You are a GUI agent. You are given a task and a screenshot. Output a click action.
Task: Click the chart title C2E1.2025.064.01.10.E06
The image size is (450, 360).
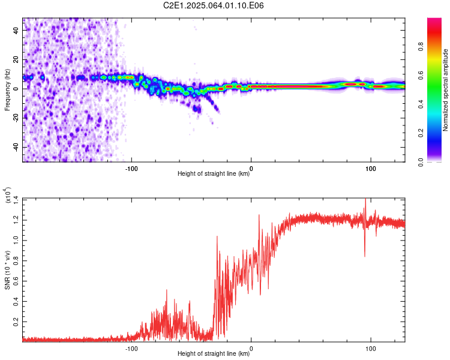click(213, 5)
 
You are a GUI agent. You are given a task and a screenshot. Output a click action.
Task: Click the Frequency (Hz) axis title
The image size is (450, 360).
click(7, 90)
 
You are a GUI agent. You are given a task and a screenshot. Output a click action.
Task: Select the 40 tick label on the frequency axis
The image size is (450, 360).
click(16, 31)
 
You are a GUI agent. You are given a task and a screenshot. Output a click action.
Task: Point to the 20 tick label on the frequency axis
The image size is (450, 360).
click(16, 60)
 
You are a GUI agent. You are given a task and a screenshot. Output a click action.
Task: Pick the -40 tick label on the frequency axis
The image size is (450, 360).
click(16, 146)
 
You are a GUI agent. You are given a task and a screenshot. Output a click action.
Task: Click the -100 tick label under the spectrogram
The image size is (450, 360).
click(131, 169)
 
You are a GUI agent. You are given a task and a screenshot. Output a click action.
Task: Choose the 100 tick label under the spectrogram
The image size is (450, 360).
click(371, 169)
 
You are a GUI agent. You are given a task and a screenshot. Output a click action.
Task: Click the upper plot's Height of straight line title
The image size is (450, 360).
click(214, 173)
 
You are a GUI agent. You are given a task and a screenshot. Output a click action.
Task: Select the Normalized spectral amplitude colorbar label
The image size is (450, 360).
click(445, 90)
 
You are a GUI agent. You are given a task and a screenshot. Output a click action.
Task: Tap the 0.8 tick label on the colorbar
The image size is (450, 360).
click(421, 47)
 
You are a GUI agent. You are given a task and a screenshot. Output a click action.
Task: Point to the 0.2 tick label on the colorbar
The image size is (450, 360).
click(421, 133)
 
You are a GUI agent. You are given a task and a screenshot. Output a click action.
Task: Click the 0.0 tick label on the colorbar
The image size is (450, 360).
click(421, 162)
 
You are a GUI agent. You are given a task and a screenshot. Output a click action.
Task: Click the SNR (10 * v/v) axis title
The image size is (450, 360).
click(7, 270)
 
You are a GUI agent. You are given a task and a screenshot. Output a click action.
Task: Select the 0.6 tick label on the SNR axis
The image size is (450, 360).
click(16, 280)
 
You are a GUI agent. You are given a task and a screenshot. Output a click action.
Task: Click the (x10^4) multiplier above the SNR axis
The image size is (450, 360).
click(8, 195)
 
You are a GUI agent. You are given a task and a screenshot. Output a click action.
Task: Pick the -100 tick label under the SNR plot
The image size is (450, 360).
click(131, 349)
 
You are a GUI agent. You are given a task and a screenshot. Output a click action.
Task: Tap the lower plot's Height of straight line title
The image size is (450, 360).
click(214, 353)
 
